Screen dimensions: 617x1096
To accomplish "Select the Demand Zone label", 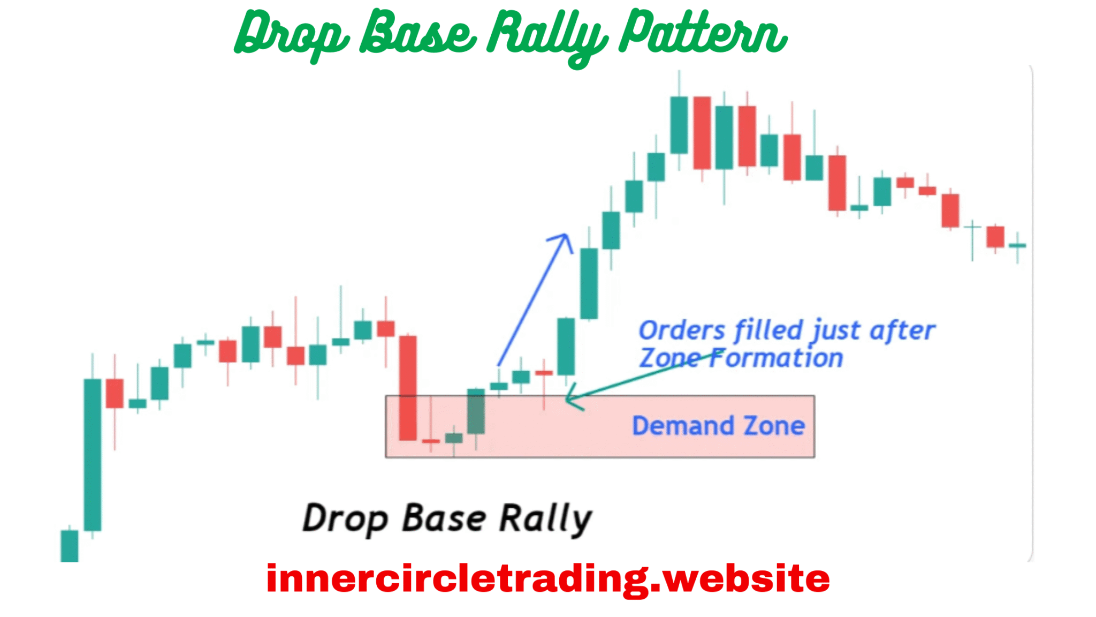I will tap(718, 426).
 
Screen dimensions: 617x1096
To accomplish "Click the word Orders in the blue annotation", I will tap(682, 330).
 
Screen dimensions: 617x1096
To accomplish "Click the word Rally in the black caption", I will tap(545, 518).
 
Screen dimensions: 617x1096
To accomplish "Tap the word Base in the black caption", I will tap(444, 518).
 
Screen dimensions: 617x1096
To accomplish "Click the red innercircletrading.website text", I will tap(547, 578).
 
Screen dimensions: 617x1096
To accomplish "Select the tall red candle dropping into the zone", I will tap(408, 388).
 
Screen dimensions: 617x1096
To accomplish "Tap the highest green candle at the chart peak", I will tap(679, 125).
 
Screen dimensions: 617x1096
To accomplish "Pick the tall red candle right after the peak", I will tap(702, 133).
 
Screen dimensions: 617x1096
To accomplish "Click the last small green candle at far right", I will tap(1017, 246).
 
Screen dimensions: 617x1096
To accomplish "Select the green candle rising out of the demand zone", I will tap(476, 411).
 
